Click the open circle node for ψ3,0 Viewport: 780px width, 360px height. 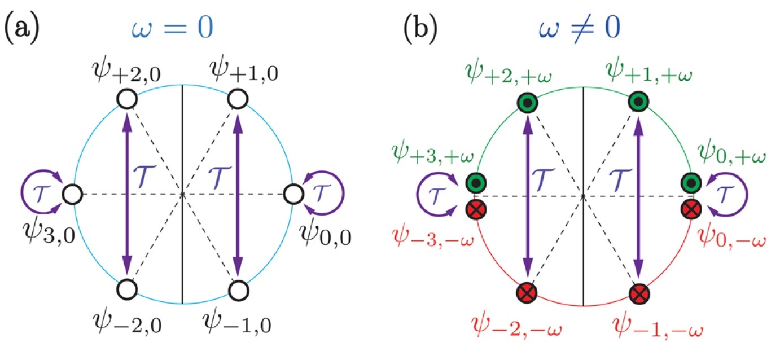click(x=72, y=195)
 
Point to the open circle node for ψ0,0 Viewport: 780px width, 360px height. click(x=292, y=195)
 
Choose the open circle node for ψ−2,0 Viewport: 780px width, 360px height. click(x=127, y=289)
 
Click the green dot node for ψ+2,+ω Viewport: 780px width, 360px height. click(x=528, y=102)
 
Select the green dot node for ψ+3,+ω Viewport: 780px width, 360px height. click(x=474, y=183)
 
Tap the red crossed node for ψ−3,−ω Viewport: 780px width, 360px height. click(x=474, y=209)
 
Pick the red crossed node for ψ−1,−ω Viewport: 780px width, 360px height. click(x=638, y=293)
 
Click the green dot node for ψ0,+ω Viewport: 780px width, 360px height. click(x=691, y=183)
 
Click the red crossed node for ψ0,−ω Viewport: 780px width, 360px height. click(x=691, y=209)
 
